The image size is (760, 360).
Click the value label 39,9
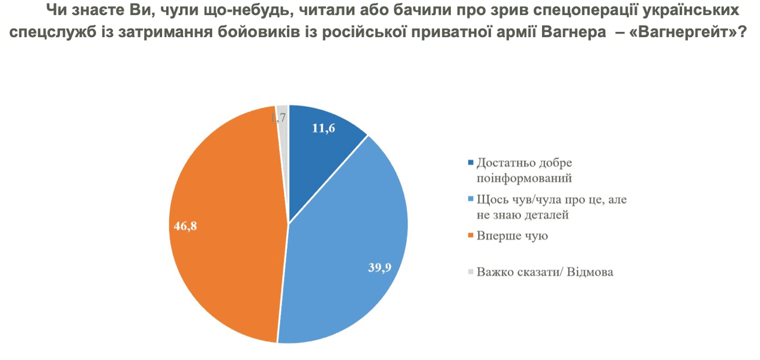tap(379, 268)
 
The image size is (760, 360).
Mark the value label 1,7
tap(278, 118)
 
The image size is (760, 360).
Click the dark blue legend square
tap(470, 163)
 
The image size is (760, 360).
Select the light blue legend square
tap(470, 200)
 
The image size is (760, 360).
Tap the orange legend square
tap(470, 236)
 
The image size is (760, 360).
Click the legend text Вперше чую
tap(512, 235)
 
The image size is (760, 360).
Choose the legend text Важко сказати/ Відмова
tap(545, 272)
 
